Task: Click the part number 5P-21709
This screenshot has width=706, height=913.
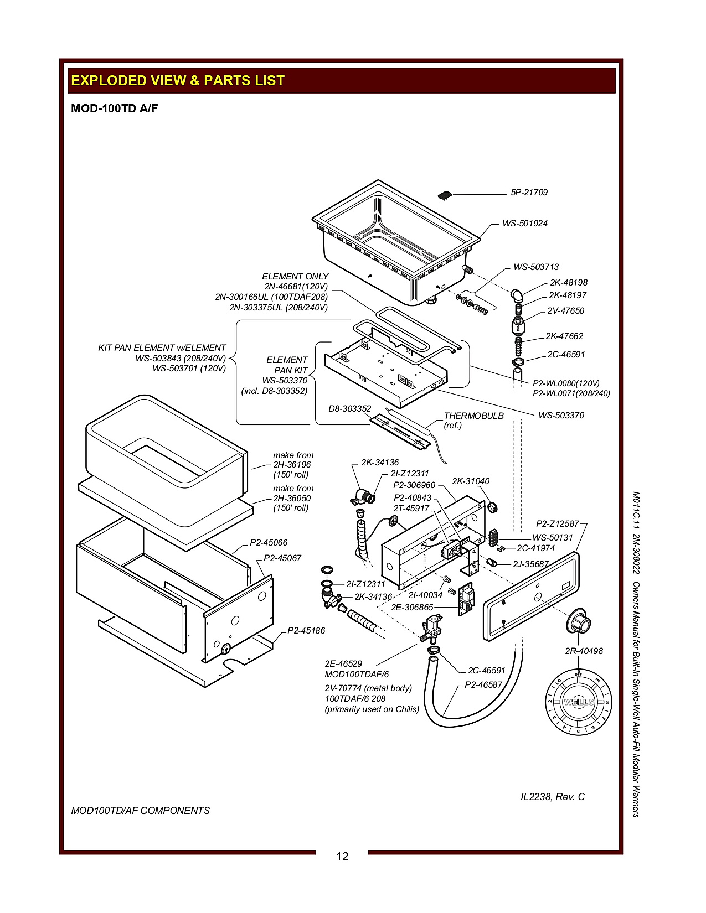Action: (x=529, y=193)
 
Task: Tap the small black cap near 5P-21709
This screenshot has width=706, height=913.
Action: (x=445, y=195)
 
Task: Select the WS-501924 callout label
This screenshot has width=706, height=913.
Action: (x=525, y=224)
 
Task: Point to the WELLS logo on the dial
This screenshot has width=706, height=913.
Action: (x=579, y=702)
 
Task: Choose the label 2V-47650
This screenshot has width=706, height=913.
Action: (x=565, y=311)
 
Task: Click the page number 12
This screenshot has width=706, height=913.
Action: (x=342, y=856)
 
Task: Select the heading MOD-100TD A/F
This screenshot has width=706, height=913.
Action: (x=115, y=108)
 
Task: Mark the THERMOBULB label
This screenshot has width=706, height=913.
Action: (x=474, y=416)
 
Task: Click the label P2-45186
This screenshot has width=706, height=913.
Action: (x=306, y=631)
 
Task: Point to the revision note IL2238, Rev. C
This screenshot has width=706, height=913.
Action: (x=553, y=797)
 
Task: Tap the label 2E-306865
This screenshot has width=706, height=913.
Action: (x=412, y=608)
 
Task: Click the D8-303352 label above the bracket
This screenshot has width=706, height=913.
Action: (x=350, y=409)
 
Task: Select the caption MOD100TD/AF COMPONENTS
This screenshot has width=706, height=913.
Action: (x=141, y=811)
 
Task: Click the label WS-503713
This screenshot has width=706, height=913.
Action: (x=536, y=267)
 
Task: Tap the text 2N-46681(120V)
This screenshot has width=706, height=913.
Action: (x=296, y=287)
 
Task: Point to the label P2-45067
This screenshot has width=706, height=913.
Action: (x=282, y=558)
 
